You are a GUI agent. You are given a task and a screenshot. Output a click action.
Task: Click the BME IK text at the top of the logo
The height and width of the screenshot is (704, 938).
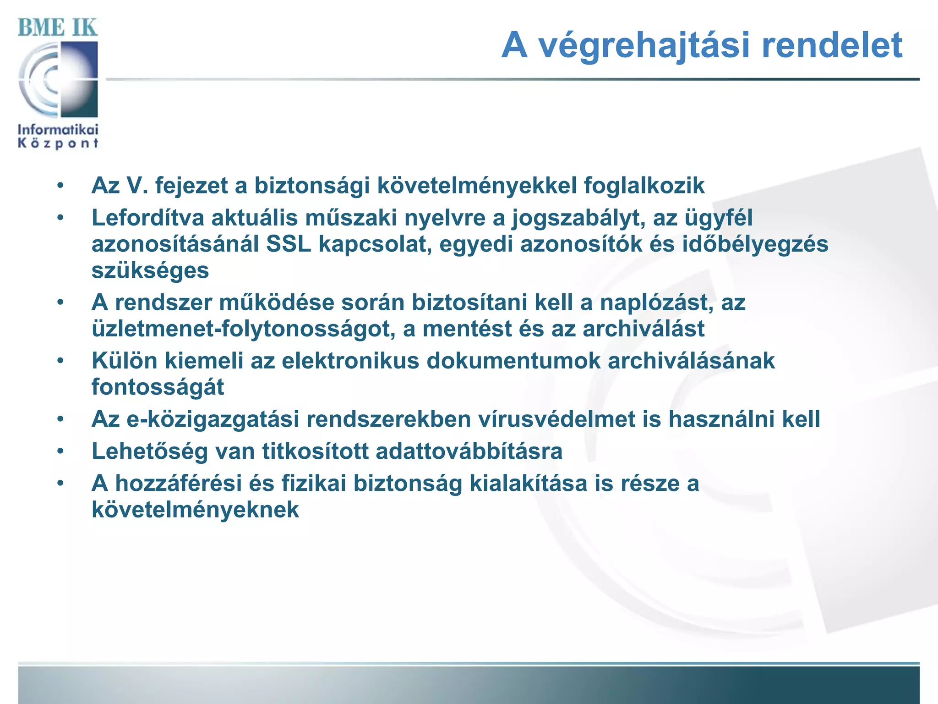click(x=58, y=28)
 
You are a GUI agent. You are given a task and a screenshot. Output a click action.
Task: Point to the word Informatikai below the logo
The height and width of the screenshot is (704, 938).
click(x=58, y=130)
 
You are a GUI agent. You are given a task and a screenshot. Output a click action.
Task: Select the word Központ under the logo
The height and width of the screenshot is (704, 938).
click(x=58, y=143)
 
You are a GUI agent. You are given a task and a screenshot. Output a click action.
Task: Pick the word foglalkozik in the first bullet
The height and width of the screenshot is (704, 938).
click(x=644, y=186)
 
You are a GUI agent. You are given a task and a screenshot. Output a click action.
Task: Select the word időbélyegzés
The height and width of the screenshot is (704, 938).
click(x=755, y=244)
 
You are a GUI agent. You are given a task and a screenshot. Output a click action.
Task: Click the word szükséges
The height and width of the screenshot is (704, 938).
click(x=150, y=270)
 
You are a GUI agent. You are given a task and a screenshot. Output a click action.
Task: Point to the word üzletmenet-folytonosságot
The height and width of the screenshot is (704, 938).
click(x=244, y=329)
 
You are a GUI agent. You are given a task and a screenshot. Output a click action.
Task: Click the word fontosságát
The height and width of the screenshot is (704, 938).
click(x=158, y=387)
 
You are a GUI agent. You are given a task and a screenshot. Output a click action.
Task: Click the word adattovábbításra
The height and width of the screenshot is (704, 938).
click(x=469, y=451)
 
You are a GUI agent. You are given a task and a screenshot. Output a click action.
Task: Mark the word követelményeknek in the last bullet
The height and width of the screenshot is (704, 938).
click(x=195, y=509)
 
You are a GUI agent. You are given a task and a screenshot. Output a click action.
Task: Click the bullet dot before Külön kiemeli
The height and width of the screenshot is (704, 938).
click(x=60, y=361)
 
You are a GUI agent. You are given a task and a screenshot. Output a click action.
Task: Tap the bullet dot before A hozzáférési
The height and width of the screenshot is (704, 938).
click(x=60, y=483)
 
